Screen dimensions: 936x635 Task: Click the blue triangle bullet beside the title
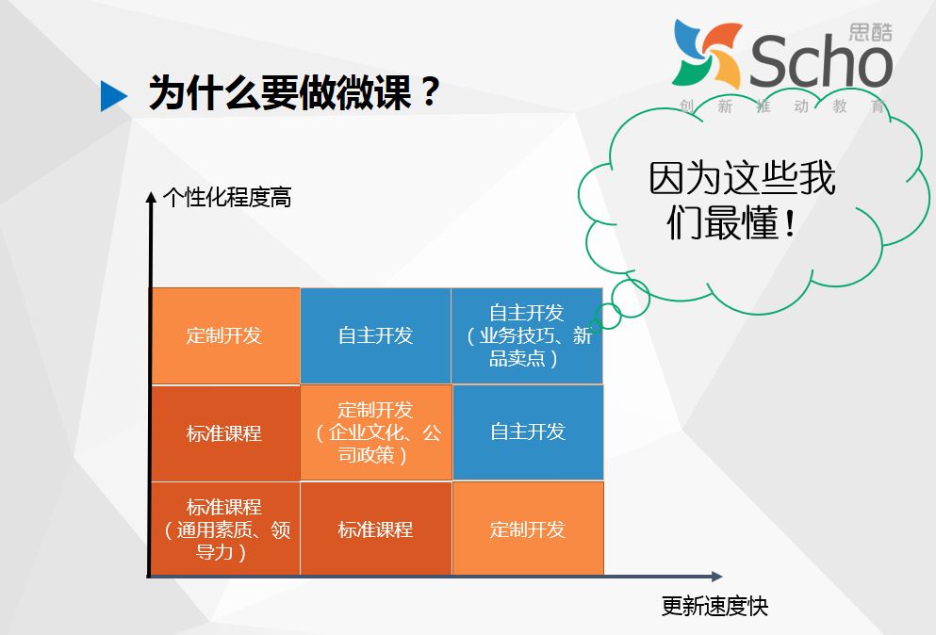pos(113,96)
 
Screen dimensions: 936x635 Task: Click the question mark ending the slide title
pos(429,92)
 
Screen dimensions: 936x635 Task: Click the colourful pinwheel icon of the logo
pos(706,55)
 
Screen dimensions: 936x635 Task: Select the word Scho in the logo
pos(820,61)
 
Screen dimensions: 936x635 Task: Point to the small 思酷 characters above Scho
pos(870,32)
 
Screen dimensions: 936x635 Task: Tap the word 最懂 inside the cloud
pos(742,222)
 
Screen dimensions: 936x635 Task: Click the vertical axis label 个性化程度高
pos(227,198)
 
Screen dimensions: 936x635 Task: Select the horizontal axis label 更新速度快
pos(714,607)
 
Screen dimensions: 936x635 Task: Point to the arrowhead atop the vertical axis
pos(151,197)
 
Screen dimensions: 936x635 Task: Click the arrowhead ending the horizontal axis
pos(716,577)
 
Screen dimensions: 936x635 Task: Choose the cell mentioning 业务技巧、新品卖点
pos(527,336)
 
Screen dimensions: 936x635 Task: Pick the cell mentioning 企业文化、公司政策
pos(376,432)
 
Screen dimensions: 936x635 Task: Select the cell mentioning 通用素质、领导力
pos(225,529)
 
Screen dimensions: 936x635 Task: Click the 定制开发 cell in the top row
pos(225,336)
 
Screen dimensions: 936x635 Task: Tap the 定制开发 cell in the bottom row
pos(528,529)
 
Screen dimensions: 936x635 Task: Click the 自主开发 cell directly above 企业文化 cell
pos(375,336)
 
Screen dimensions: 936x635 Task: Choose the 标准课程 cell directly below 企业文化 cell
pos(375,529)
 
